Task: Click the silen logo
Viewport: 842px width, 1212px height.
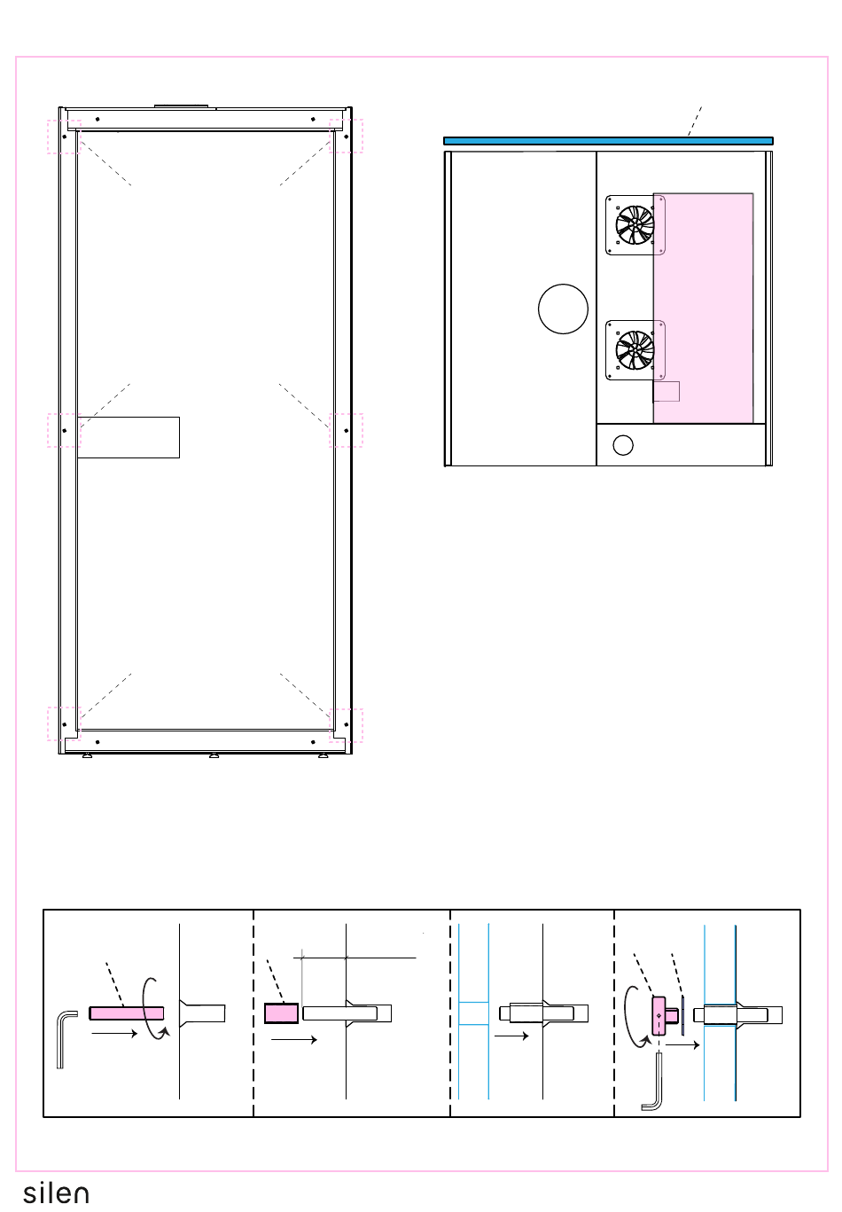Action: tap(56, 1193)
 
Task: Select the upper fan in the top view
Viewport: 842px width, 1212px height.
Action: tap(635, 224)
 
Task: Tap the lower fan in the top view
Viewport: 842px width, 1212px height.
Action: tap(635, 350)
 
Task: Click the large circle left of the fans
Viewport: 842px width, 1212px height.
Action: tap(563, 309)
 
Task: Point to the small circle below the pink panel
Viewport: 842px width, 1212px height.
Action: tap(623, 445)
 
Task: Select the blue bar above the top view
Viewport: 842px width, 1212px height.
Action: tap(608, 141)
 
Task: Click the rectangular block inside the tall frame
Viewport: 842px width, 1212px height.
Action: tap(129, 437)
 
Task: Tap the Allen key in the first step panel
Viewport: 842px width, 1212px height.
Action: tap(66, 1039)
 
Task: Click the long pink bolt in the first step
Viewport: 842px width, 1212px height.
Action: tap(127, 1013)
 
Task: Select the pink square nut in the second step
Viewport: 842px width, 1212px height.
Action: tap(281, 1013)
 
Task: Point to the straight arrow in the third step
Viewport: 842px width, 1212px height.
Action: tap(511, 1036)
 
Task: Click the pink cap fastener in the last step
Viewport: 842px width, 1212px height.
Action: tap(659, 1016)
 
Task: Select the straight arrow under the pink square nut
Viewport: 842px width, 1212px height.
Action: tap(293, 1039)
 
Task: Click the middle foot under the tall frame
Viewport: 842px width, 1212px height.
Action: tap(214, 755)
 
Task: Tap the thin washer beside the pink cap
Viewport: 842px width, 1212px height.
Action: tap(683, 1015)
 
